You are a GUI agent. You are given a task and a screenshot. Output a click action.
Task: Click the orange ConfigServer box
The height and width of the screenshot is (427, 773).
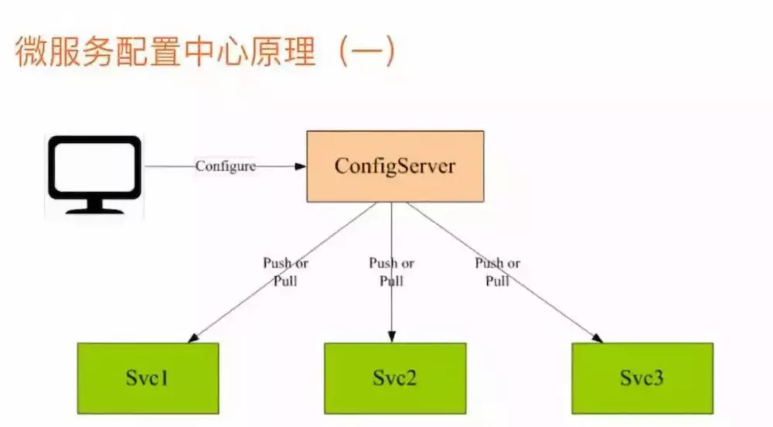395,166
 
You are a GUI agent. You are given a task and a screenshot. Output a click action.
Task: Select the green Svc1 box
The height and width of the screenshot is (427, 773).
148,379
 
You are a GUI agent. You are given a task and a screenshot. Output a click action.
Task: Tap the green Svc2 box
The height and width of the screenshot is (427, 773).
394,379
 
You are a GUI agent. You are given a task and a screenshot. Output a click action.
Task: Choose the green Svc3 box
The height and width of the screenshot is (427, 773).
642,379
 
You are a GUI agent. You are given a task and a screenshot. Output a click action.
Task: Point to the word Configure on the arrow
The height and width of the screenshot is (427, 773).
225,166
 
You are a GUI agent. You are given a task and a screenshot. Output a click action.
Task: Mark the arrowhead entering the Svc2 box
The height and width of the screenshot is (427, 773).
392,337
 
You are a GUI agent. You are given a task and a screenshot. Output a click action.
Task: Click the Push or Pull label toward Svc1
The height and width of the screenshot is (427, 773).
285,272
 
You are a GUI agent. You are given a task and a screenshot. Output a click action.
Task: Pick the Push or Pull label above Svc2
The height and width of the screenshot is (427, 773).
391,272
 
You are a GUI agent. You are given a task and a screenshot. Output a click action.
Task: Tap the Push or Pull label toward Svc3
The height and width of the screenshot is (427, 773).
497,272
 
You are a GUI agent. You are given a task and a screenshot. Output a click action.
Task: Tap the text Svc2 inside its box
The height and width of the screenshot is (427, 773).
394,379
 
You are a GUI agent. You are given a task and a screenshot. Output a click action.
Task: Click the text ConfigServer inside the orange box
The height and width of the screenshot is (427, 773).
395,166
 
